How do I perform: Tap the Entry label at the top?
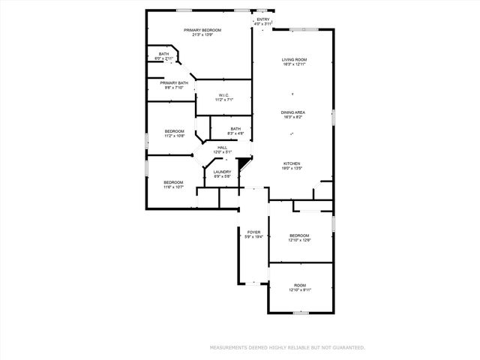262,19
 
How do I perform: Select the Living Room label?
295,59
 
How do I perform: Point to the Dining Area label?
295,112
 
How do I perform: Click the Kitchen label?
292,163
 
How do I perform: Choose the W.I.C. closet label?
223,94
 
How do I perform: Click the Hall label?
222,147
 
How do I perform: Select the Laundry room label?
222,172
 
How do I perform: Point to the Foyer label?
254,232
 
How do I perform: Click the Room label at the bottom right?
299,285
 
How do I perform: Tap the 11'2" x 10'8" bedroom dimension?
175,136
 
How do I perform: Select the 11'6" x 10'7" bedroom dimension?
174,187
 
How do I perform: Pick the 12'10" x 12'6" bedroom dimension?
299,240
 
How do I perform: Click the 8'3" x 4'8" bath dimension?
235,133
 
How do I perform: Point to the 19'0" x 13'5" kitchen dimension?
292,169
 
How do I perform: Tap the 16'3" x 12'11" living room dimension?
295,64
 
